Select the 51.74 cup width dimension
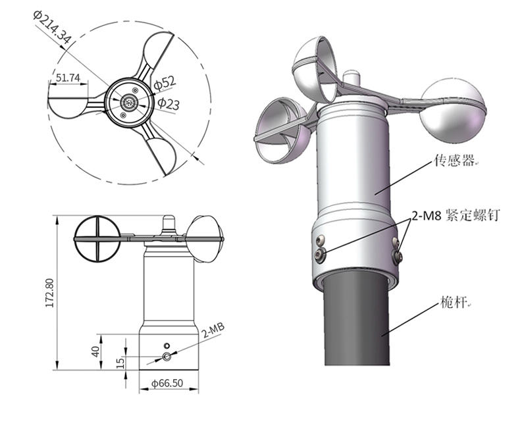coord(68,78)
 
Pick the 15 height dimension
coord(120,363)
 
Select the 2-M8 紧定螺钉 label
coord(453,216)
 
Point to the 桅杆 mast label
coord(452,304)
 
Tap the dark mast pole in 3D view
coord(359,322)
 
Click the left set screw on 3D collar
coord(320,251)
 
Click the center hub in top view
coord(128,103)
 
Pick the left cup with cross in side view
coord(97,237)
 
